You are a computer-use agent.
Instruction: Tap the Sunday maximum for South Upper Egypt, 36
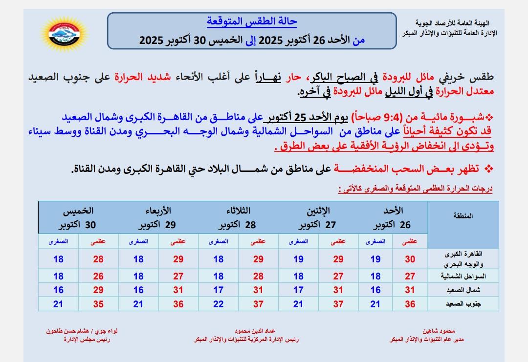410,304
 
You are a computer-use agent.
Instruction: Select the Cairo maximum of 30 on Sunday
410,259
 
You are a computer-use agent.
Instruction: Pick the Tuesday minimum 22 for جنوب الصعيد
218,304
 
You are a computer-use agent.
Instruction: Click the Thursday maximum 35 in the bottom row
98,304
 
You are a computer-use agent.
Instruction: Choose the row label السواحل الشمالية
464,277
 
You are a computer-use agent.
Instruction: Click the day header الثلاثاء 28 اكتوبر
238,218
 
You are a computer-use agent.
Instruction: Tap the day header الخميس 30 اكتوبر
78,218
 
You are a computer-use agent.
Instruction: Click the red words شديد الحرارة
135,77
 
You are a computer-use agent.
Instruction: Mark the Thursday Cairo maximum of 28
98,259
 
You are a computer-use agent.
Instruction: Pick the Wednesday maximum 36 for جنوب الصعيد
178,304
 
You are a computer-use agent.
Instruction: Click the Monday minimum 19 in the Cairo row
298,259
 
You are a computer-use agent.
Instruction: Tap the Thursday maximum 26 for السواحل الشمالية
98,277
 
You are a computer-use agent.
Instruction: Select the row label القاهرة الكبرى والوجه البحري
465,259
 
